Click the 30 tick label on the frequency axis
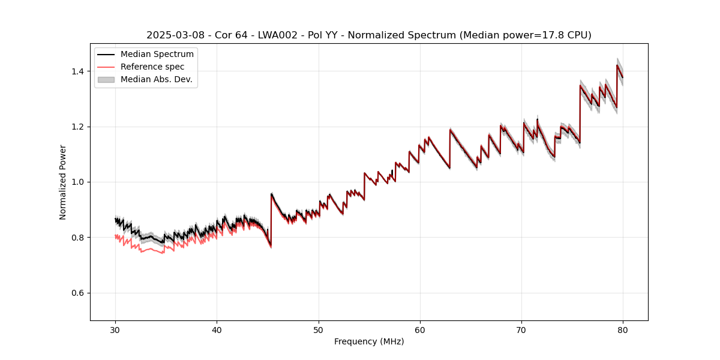point(115,329)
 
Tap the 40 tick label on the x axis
point(217,329)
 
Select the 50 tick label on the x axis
point(318,329)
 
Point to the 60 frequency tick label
point(420,329)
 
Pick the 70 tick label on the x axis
point(521,329)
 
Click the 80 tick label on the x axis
point(623,329)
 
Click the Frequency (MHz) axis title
point(369,341)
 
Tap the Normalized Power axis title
point(63,182)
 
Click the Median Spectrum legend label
point(157,55)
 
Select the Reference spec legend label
point(152,67)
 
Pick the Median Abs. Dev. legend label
point(157,79)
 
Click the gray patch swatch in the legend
point(107,79)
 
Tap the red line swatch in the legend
point(107,67)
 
